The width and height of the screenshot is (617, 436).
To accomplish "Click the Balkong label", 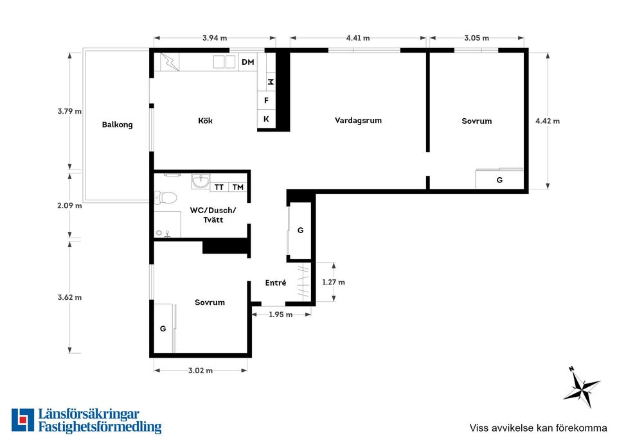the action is (117, 125).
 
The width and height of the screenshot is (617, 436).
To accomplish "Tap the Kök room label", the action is (206, 120).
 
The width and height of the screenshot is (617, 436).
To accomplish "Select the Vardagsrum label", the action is (358, 120).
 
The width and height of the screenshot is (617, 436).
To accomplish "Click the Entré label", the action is (276, 283).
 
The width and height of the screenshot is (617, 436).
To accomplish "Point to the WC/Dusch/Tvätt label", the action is (213, 214).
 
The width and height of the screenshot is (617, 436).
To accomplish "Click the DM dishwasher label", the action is (248, 62).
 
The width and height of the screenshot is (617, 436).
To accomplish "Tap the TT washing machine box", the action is (219, 187).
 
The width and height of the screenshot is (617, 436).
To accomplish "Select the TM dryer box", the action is (238, 187).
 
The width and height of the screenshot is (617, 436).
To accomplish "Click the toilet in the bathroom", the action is (165, 197).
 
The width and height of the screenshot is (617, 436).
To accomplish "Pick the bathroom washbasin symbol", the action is (201, 182).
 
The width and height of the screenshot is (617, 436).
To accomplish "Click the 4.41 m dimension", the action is (358, 38).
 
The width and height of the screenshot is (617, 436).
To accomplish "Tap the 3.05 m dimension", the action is (476, 38).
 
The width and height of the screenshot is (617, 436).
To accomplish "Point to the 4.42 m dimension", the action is (548, 121).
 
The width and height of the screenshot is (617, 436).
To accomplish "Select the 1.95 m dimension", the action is (281, 315).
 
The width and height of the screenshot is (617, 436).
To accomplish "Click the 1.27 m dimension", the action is (334, 283).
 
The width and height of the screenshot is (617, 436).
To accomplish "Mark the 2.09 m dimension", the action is (69, 205).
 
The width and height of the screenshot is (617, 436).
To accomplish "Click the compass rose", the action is (582, 387).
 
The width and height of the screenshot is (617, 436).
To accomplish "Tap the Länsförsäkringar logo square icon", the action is (23, 420).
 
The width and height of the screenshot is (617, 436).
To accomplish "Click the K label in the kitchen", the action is (266, 119).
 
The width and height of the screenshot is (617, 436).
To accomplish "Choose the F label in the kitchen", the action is (266, 100).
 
